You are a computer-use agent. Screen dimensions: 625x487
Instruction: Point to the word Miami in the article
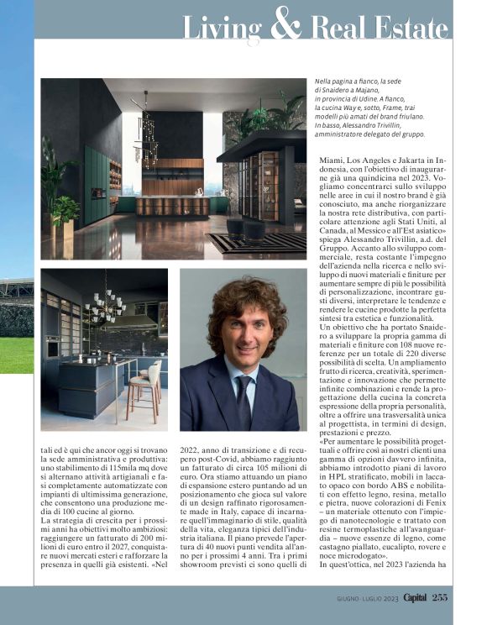pos(337,160)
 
